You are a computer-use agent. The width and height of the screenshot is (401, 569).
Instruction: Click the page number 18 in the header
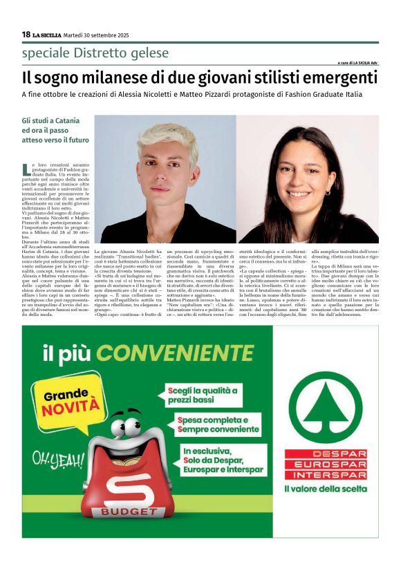pyautogui.click(x=26, y=35)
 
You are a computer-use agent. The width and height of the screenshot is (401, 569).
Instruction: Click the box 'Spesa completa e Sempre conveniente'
pyautogui.click(x=218, y=424)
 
